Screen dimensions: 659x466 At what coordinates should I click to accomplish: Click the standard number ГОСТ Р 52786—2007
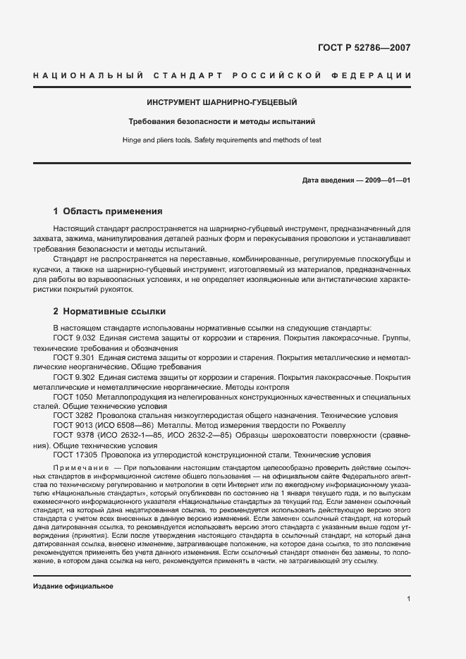364,49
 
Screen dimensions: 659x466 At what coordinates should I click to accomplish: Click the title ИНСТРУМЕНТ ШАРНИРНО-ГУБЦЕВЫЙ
222,103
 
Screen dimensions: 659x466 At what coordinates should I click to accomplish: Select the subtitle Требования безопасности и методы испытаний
222,121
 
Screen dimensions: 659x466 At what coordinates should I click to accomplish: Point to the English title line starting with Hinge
222,140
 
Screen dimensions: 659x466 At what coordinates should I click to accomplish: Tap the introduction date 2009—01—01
386,181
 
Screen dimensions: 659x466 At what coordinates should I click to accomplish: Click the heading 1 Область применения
109,211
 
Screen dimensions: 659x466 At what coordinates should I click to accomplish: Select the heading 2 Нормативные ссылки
109,311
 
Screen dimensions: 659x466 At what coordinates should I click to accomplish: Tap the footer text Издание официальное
73,586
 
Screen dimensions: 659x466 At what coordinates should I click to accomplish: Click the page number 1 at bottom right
408,599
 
